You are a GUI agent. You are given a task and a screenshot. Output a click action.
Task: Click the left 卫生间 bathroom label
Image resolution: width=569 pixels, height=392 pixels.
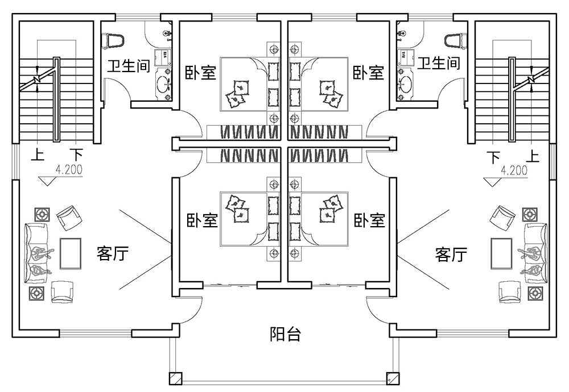click(x=128, y=65)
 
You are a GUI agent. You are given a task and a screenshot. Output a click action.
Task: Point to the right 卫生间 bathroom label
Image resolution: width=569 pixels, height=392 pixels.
click(x=438, y=62)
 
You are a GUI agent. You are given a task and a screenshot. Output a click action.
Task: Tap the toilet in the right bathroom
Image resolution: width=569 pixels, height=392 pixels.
click(x=453, y=40)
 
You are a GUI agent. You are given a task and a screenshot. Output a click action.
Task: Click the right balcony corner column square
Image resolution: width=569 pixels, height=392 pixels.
click(x=391, y=378)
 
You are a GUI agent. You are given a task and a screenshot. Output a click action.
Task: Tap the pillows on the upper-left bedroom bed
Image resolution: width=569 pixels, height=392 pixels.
click(x=238, y=94)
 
